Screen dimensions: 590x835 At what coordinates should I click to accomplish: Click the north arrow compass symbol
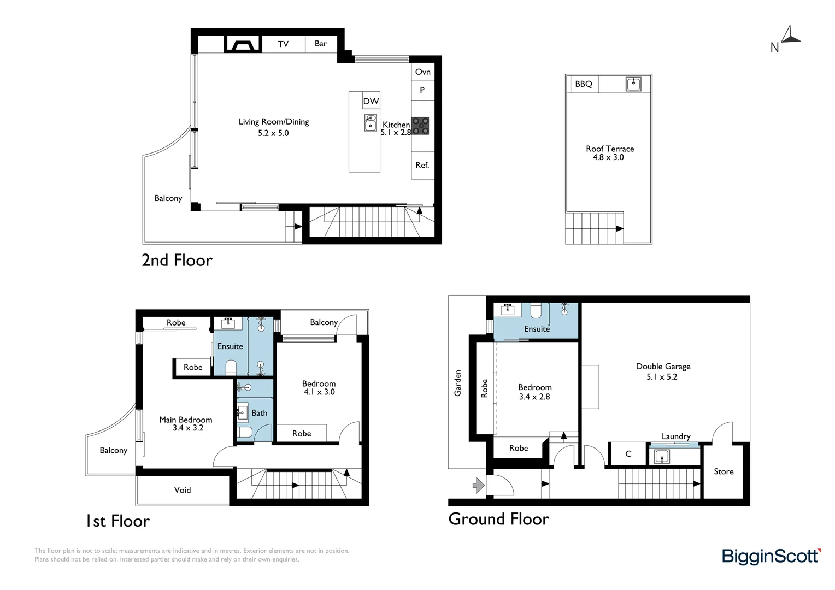[789, 36]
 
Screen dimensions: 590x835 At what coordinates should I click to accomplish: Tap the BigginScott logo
[771, 556]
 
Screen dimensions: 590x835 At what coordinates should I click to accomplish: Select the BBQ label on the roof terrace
[583, 84]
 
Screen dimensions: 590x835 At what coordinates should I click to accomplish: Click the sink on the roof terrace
[633, 84]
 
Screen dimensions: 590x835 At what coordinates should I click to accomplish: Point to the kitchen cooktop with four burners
[420, 126]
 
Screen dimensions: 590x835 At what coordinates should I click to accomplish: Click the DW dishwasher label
[371, 101]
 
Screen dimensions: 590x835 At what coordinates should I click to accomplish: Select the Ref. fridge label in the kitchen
[422, 165]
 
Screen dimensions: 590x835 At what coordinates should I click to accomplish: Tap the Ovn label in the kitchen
[422, 72]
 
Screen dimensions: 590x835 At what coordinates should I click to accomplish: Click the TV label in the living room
[283, 44]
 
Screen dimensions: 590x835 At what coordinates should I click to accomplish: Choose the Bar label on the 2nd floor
[321, 44]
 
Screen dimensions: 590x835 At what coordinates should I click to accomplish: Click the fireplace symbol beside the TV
[243, 44]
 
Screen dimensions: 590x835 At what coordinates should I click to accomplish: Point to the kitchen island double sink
[371, 123]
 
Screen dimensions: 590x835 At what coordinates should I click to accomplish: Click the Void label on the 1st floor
[183, 490]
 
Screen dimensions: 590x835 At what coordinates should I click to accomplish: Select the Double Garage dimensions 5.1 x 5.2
[662, 377]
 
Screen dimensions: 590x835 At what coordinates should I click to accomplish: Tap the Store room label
[724, 471]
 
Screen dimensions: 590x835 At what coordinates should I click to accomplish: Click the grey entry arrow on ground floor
[479, 485]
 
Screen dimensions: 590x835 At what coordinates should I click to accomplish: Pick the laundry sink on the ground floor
[662, 457]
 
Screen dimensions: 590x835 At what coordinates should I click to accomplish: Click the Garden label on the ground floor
[458, 383]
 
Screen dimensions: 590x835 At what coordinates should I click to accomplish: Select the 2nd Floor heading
[177, 260]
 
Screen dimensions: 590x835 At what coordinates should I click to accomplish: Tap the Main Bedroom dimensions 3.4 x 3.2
[188, 428]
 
